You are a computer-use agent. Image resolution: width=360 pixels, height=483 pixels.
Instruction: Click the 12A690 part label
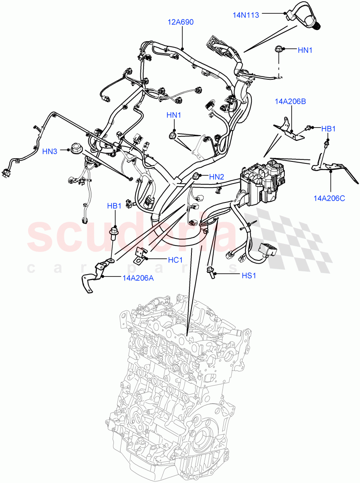[181, 22]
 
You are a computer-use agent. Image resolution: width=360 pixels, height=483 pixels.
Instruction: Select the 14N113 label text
[247, 15]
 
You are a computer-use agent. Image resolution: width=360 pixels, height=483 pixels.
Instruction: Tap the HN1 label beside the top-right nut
[305, 50]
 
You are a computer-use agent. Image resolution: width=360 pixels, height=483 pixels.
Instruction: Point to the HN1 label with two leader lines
[174, 116]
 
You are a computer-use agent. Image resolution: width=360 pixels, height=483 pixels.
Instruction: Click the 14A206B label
[290, 101]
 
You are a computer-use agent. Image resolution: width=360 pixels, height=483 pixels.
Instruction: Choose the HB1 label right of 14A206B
[328, 128]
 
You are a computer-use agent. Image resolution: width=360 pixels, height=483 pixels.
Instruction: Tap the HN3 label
[50, 151]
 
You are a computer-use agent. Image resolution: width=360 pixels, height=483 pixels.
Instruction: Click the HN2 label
[217, 176]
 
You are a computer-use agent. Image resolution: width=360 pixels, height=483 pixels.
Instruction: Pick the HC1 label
[175, 260]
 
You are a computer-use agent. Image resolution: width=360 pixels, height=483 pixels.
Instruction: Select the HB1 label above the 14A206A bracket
[114, 206]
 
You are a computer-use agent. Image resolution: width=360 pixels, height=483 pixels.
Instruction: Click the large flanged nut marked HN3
[76, 148]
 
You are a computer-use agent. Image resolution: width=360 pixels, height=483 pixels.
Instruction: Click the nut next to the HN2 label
[197, 176]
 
